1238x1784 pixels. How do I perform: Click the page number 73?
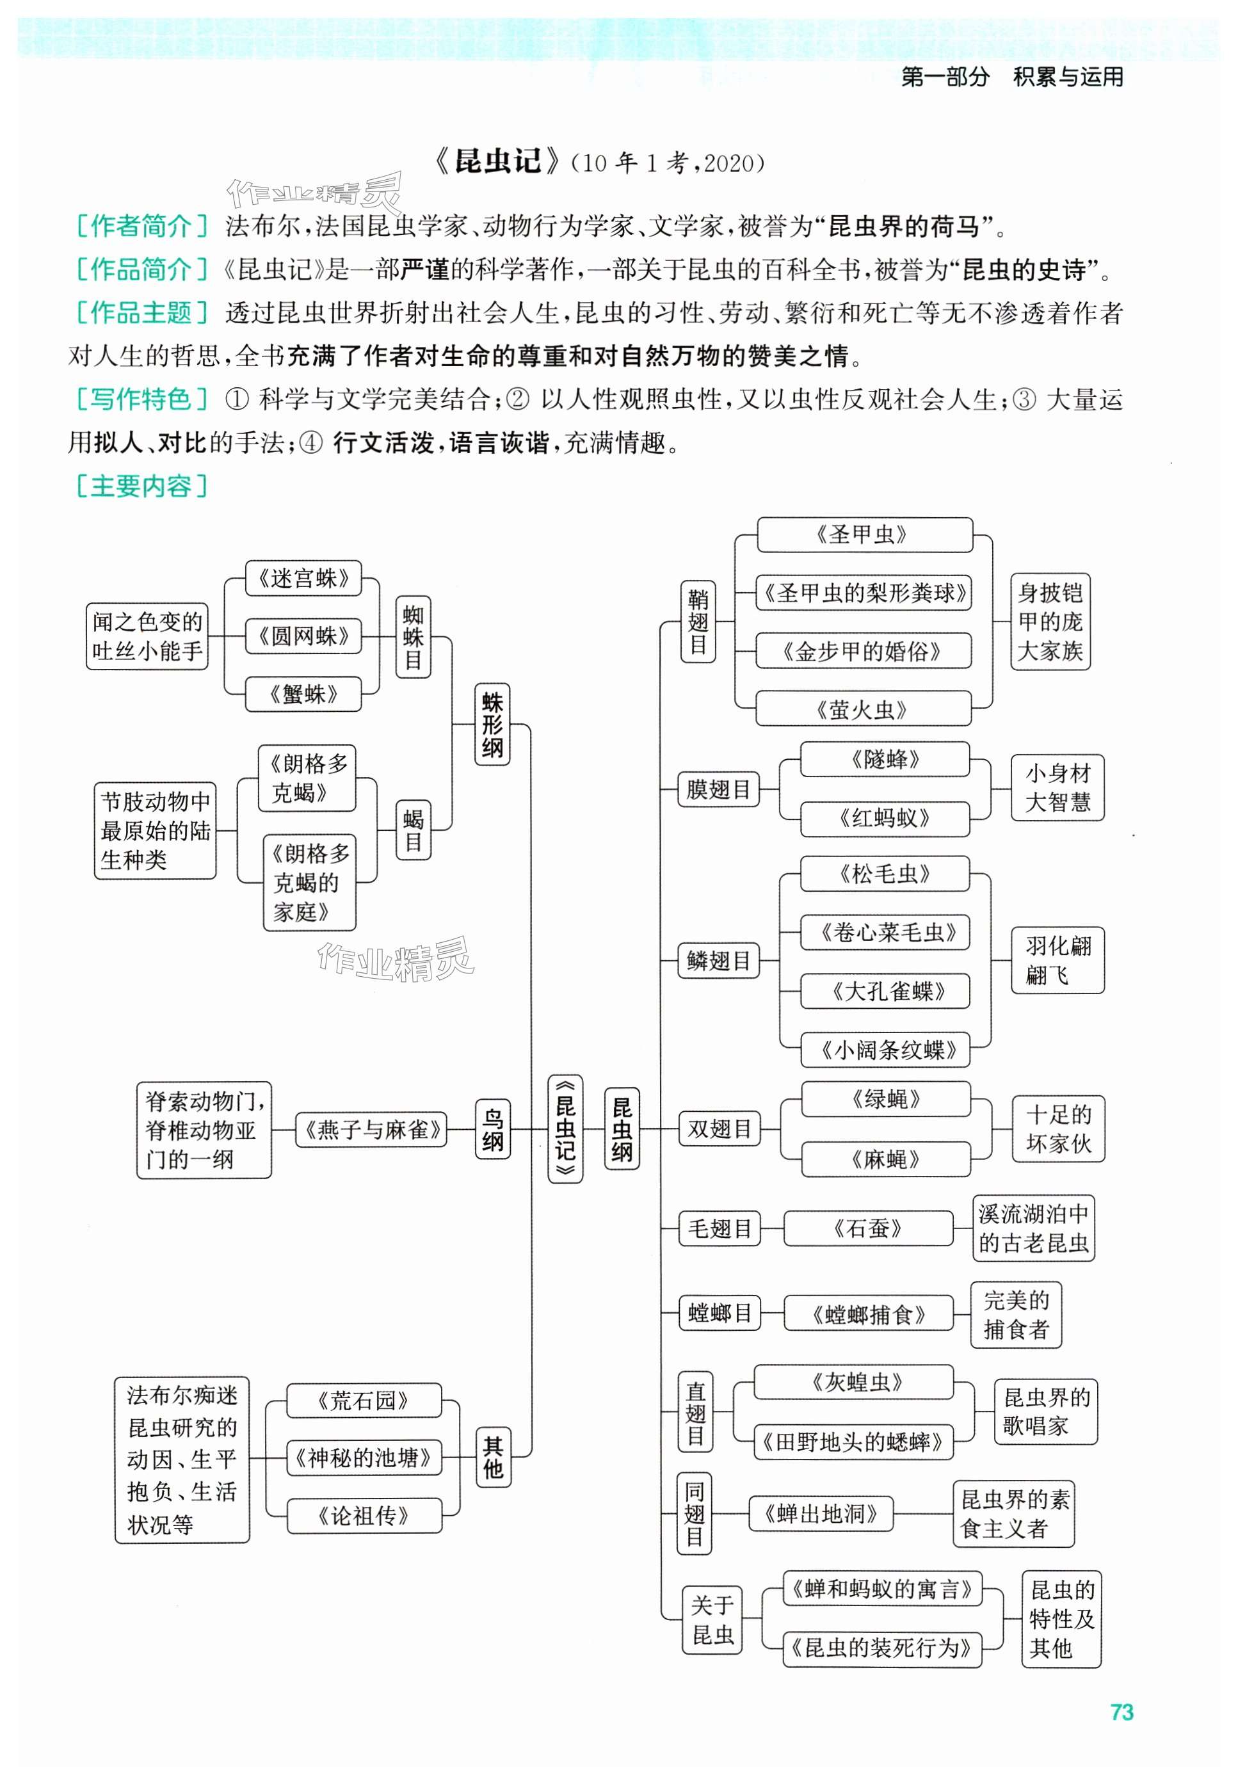coord(1121,1712)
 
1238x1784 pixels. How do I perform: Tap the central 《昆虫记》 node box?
coord(565,1129)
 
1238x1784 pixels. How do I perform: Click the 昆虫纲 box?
coord(622,1129)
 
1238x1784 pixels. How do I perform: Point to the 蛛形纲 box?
coord(492,725)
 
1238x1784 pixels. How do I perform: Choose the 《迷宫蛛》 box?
coord(303,579)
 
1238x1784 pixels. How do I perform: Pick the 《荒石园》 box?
coord(364,1401)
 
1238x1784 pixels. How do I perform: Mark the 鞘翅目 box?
coord(697,622)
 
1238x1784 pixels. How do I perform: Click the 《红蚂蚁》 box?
coord(884,818)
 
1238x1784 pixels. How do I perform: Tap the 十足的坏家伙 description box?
coord(1058,1129)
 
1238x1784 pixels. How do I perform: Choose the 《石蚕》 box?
coord(868,1228)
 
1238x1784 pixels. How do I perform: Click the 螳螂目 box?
coord(719,1313)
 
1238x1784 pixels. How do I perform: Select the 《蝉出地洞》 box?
coord(821,1513)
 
